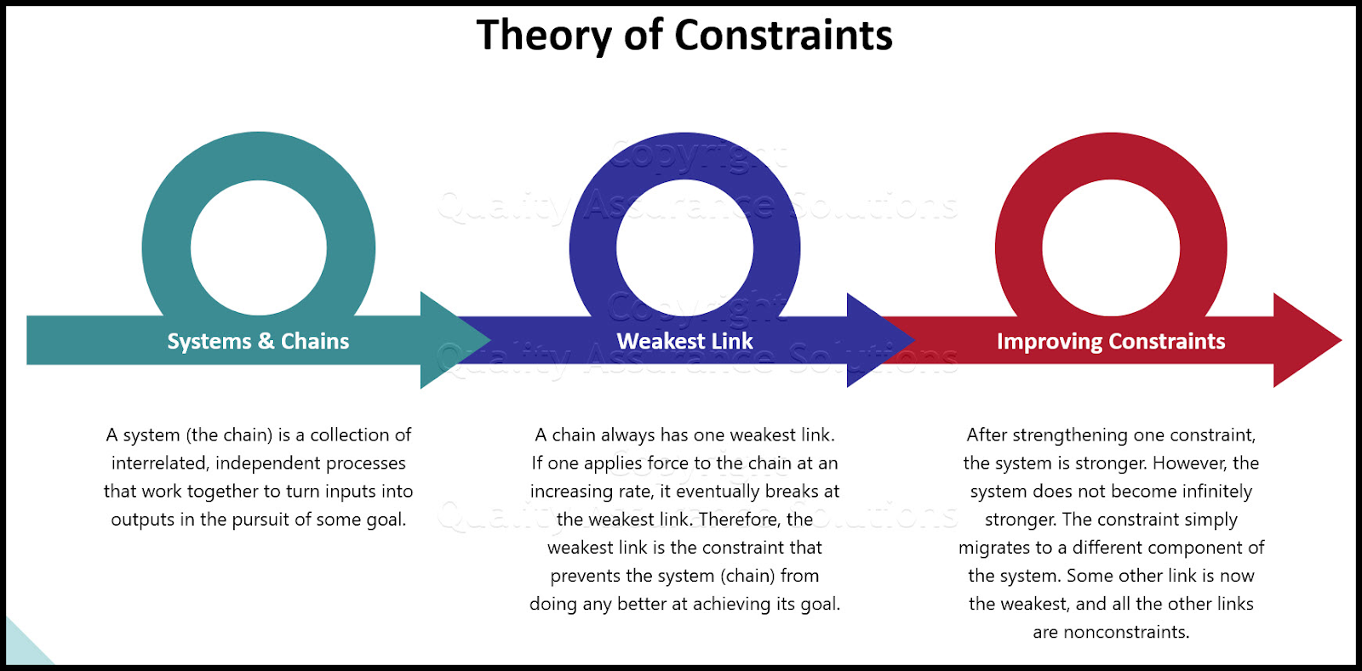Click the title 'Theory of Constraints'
pos(684,36)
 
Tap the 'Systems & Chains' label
pos(258,341)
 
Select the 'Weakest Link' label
pos(684,341)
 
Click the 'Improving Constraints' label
pos(1111,341)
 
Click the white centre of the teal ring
pos(259,247)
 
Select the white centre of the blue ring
pos(684,247)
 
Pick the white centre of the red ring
pos(1111,247)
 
